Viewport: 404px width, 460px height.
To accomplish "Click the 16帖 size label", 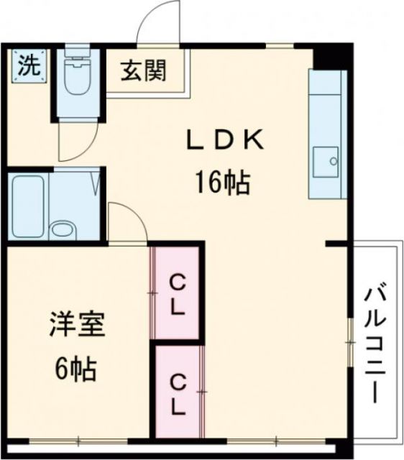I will pyautogui.click(x=220, y=184).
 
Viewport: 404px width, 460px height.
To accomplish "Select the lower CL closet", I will pyautogui.click(x=178, y=392).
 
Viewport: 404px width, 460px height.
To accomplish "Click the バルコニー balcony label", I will pyautogui.click(x=373, y=341).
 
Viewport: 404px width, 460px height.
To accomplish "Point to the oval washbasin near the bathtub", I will pyautogui.click(x=63, y=230).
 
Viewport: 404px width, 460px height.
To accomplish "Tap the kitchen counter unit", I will pyautogui.click(x=327, y=134).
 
